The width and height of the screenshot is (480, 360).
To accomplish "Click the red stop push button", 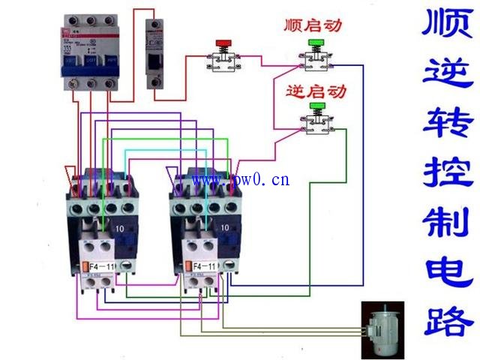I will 223,43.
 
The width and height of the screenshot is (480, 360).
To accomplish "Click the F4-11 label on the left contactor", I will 102,266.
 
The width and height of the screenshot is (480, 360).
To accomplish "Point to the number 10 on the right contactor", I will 224,226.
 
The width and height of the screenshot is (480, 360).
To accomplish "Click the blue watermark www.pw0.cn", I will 241,180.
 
